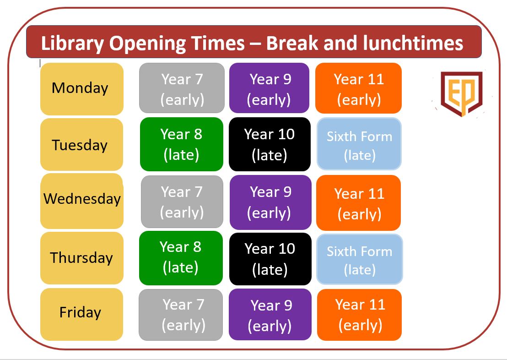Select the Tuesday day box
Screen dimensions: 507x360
pos(81,144)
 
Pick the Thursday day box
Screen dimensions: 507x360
pos(82,258)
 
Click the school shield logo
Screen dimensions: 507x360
pos(461,93)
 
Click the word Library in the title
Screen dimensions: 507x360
pos(72,44)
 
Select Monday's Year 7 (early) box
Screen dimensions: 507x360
pos(182,88)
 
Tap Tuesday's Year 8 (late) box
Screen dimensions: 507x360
pos(181,144)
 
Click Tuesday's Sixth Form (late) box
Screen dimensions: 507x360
pos(359,144)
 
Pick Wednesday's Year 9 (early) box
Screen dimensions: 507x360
pos(270,202)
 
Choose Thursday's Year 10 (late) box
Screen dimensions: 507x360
pos(270,259)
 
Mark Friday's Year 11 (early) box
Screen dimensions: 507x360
pos(359,315)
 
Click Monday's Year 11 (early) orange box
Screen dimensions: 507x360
pos(358,88)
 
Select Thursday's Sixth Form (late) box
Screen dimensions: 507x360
pos(360,259)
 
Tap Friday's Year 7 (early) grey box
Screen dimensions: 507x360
pos(181,315)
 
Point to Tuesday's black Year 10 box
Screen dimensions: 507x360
pos(270,144)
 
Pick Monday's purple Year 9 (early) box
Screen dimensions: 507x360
pos(269,88)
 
